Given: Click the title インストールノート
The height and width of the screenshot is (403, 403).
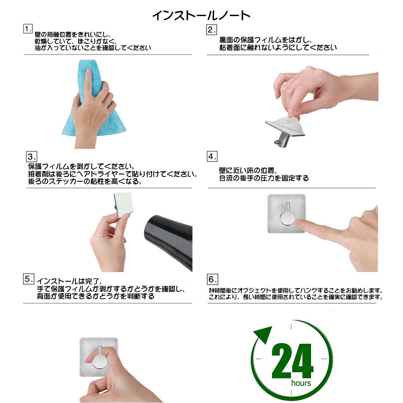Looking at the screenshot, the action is click(x=201, y=15).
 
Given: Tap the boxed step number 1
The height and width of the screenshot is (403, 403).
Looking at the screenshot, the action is click(x=28, y=29).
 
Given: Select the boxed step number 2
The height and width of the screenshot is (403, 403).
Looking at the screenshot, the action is click(x=212, y=30).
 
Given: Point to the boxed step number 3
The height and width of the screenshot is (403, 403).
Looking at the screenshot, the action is click(x=31, y=156).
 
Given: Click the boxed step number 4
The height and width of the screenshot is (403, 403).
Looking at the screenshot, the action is click(x=212, y=156).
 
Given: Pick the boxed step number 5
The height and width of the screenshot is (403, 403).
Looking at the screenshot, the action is click(x=29, y=279).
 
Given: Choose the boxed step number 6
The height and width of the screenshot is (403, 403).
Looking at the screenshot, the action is click(x=212, y=279).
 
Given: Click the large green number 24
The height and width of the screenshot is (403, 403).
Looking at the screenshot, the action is click(x=293, y=361).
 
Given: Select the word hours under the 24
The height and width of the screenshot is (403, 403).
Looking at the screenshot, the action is click(x=301, y=383).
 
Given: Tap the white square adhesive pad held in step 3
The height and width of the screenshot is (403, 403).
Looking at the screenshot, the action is click(x=123, y=204).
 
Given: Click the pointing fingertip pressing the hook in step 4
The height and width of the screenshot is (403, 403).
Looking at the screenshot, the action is click(x=299, y=224).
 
